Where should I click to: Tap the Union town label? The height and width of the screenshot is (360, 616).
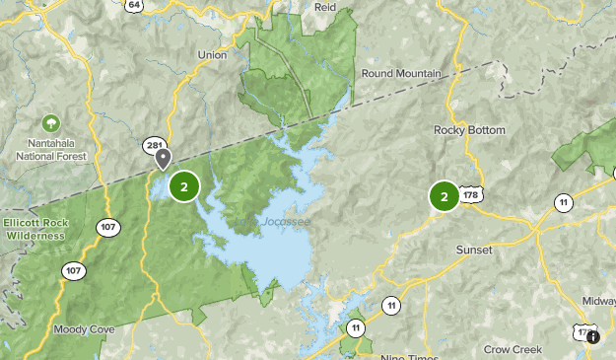click(212, 55)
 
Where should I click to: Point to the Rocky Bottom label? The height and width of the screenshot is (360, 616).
click(469, 130)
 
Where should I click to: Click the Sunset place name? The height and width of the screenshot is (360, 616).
click(473, 250)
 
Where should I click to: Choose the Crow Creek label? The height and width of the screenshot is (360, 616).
click(513, 349)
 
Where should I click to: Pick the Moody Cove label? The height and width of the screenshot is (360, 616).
click(77, 328)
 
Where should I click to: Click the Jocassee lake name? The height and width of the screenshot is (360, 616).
click(285, 222)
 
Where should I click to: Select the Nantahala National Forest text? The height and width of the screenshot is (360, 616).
click(50, 150)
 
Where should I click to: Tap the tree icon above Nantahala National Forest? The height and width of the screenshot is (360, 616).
click(50, 123)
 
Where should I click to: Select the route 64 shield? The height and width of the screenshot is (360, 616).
click(135, 5)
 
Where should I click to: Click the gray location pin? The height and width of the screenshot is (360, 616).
click(163, 158)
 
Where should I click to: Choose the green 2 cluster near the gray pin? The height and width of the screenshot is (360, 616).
click(184, 185)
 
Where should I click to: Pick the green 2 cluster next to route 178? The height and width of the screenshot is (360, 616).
click(444, 197)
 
